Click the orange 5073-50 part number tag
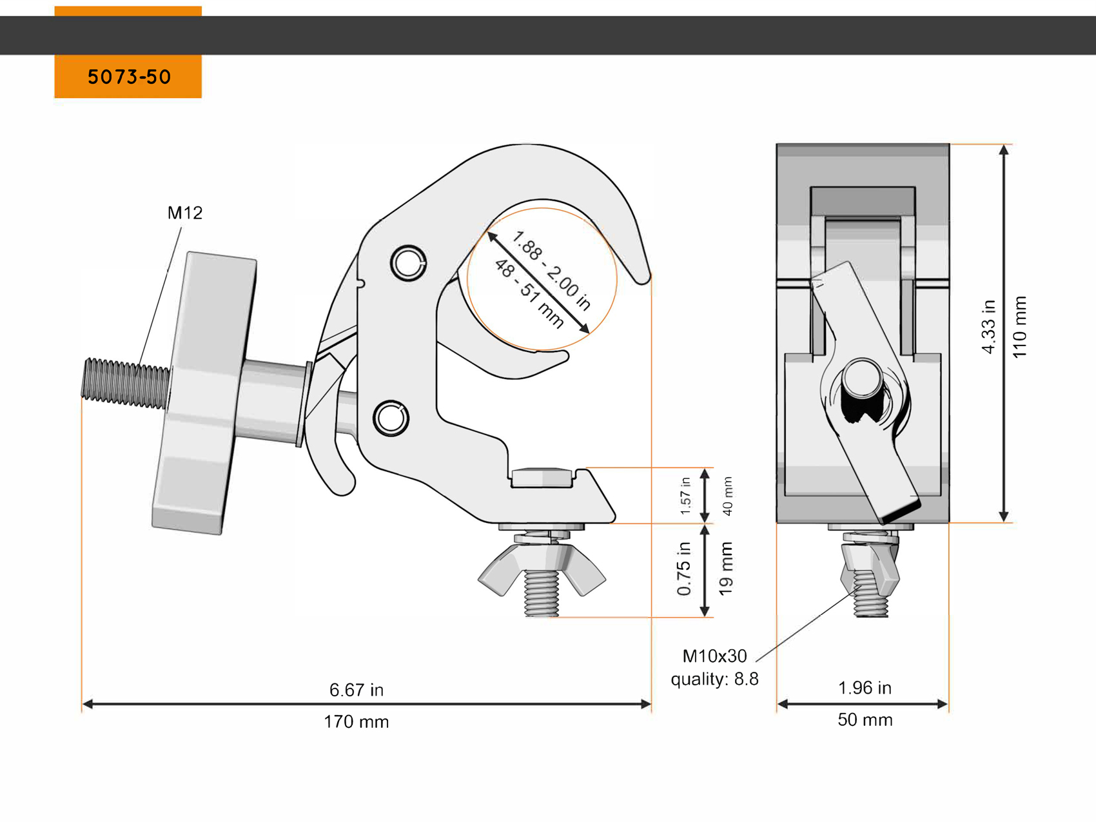pos(128,77)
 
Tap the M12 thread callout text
pos(185,213)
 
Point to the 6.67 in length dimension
pos(356,690)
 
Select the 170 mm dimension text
pos(356,721)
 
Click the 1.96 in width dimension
pos(864,688)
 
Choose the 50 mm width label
pos(865,719)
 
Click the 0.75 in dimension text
pos(684,569)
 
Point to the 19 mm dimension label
pos(726,569)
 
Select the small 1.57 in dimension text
pos(685,496)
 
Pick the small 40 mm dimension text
pos(728,496)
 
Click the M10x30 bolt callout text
pos(714,656)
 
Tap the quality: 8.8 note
pos(714,679)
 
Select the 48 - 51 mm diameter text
pos(529,293)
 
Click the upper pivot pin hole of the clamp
pos(408,263)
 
